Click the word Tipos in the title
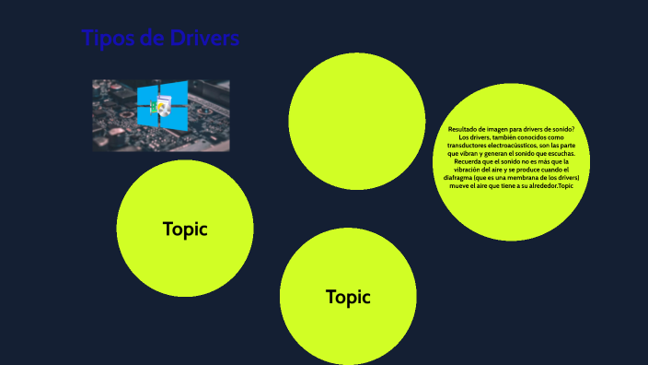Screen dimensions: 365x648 tap(105, 39)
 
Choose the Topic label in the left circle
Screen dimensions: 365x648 tap(185, 229)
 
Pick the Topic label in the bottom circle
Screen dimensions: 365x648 tap(348, 297)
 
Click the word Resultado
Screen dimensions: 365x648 tap(465, 130)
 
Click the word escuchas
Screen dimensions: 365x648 tap(559, 154)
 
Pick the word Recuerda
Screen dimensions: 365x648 tap(469, 161)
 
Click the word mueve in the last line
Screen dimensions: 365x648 tap(459, 186)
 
